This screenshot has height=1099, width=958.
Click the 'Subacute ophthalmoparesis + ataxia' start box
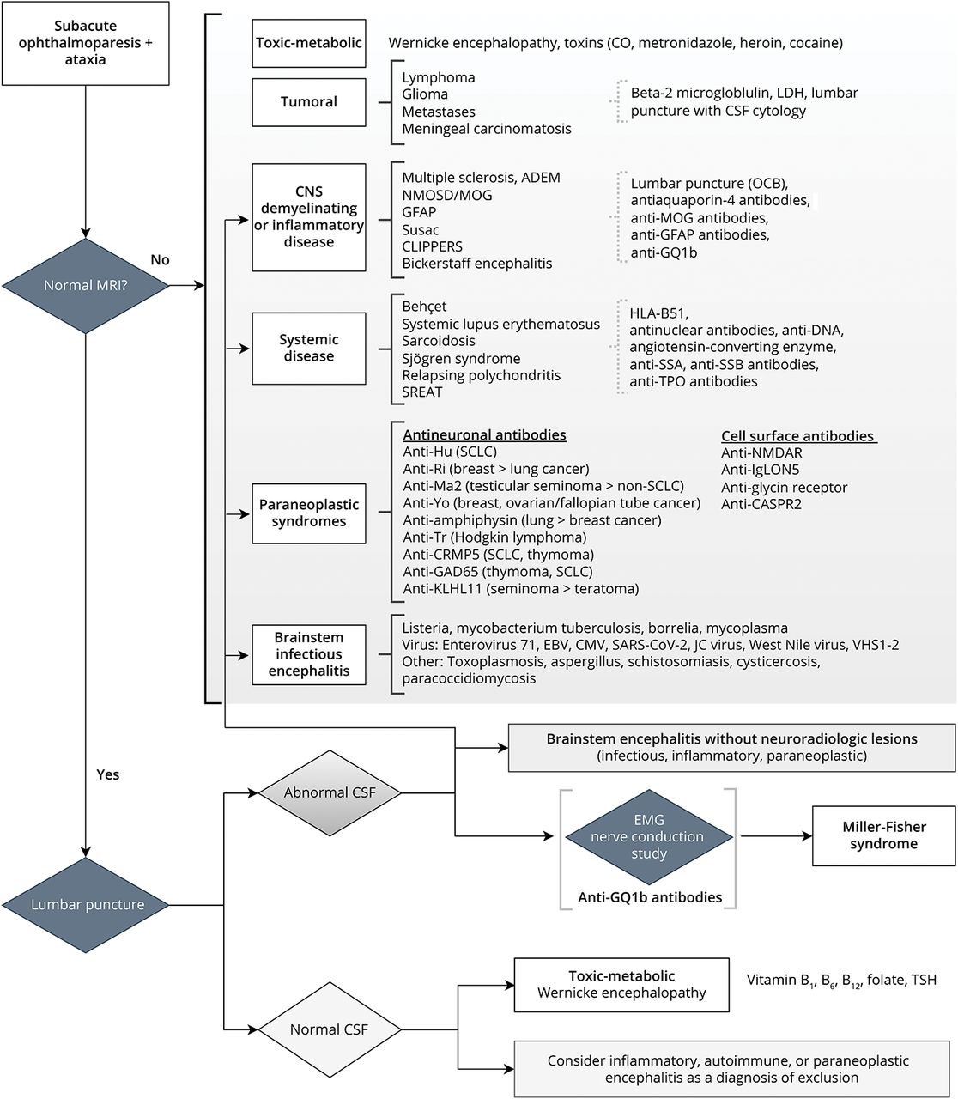tap(85, 43)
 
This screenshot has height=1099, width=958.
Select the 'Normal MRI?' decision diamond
tap(85, 285)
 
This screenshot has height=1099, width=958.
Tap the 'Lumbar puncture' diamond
tap(87, 904)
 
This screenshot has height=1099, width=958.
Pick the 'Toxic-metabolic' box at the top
tap(309, 43)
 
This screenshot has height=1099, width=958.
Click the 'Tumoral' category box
tap(309, 101)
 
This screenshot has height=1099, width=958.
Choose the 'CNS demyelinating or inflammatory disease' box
tap(309, 217)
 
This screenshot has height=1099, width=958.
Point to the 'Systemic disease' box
tap(309, 348)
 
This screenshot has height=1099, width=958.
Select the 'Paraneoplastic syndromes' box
tap(309, 513)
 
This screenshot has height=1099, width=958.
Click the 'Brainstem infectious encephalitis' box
tap(309, 654)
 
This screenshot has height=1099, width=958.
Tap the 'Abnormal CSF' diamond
tap(330, 792)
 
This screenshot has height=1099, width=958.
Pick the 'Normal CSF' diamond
tap(329, 1029)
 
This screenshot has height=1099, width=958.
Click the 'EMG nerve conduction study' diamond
tap(649, 837)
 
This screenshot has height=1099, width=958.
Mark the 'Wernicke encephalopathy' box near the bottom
tap(621, 984)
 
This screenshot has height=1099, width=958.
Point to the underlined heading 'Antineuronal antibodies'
tap(484, 434)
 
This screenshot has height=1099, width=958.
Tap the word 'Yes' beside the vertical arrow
tap(108, 774)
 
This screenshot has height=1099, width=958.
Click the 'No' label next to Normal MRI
tap(160, 259)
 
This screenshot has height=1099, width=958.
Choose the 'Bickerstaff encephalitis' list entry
tap(477, 264)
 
